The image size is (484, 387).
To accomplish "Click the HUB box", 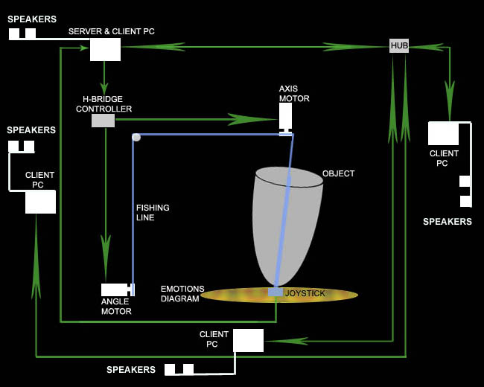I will pos(399,46).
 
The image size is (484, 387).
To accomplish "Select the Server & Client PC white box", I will pos(105,49).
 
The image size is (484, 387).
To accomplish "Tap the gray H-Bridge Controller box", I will pos(103,121).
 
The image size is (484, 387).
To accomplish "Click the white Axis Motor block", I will pos(285,116).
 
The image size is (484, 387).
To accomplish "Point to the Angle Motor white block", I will pos(115,290).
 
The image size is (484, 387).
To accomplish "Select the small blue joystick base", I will pos(276,292).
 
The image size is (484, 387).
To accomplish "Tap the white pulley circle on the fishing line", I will pos(136,137).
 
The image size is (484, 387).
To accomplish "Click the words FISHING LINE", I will pos(153,213).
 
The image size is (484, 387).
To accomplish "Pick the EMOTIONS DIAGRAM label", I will pos(180,293).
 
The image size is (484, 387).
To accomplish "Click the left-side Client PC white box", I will pos(40,202).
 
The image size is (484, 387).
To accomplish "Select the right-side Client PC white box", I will pos(443,133).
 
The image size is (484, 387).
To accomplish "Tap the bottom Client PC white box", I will pos(248,340).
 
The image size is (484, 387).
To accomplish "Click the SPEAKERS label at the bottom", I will pos(131,370).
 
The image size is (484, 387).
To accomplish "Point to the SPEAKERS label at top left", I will pos(32,19).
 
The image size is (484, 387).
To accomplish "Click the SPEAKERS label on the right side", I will pos(448,222).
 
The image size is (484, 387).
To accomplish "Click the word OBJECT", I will pos(338,174).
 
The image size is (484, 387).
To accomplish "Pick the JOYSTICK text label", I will pos(305,293).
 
